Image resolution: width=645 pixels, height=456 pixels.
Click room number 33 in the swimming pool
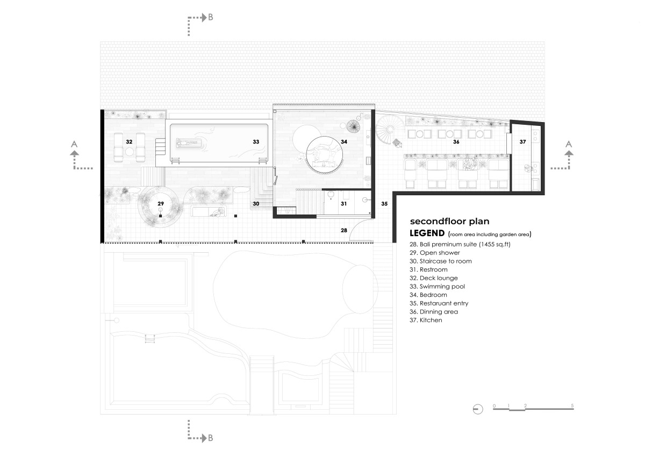point(256,142)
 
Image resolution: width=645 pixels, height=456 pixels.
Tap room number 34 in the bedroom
point(344,142)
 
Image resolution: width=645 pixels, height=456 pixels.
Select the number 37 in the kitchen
point(522,142)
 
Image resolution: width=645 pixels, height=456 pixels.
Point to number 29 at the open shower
point(161,204)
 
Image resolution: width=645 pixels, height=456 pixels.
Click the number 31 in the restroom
point(343,204)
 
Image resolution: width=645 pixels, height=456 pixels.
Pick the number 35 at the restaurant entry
point(384,204)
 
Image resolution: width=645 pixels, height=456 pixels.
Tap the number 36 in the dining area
point(456,142)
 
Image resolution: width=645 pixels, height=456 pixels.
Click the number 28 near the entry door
point(344,230)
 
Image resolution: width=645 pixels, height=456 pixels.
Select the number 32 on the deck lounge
point(129,142)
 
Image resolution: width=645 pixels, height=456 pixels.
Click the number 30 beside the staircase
point(256,204)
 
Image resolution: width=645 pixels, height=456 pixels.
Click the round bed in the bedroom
point(325,155)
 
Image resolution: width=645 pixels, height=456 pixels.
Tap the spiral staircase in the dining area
point(388,130)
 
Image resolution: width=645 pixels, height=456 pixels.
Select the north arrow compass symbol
point(478,409)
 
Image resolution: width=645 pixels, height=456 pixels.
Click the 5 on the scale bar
point(572,405)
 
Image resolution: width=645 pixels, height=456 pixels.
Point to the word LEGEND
point(427,233)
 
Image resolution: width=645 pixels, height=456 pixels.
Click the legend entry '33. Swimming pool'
point(437,286)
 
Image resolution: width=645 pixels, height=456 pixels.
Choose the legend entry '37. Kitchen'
point(426,320)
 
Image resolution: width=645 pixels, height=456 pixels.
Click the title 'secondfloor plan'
point(449,221)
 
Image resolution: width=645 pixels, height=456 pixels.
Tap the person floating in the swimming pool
point(189,142)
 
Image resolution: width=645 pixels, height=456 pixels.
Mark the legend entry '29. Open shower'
point(435,253)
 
